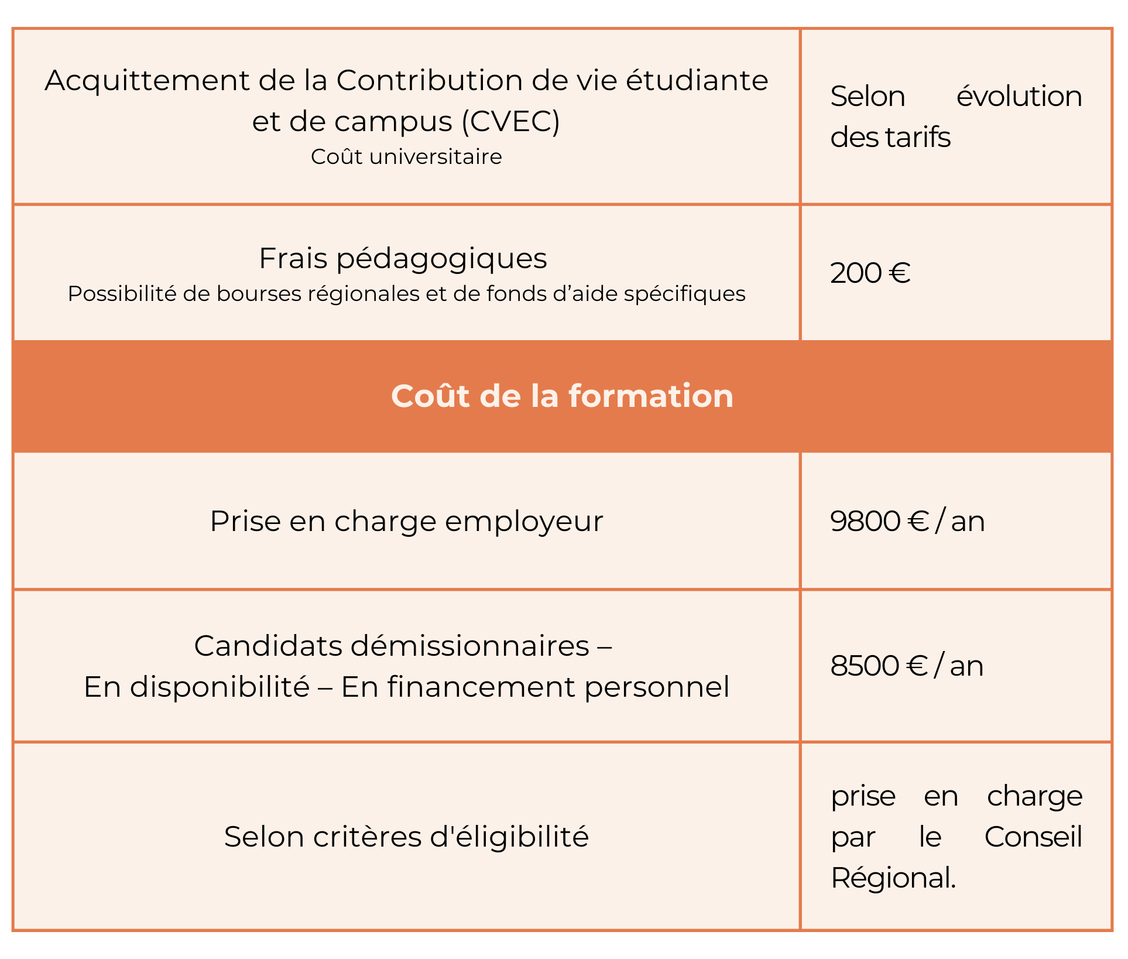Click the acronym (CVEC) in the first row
(x=510, y=122)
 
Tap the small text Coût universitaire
(x=406, y=157)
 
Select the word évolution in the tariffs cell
(x=1019, y=96)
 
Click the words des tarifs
(x=890, y=138)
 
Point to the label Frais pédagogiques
(x=403, y=258)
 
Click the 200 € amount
(x=870, y=273)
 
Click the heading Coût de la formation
(x=562, y=396)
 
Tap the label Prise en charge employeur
(x=406, y=521)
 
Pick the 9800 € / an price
(x=907, y=521)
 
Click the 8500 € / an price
(x=906, y=666)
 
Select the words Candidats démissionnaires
(x=392, y=646)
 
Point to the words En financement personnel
(x=535, y=687)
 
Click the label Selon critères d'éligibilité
(x=406, y=837)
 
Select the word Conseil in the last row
(x=1033, y=837)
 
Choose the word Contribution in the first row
(x=430, y=80)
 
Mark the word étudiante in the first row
(x=697, y=80)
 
